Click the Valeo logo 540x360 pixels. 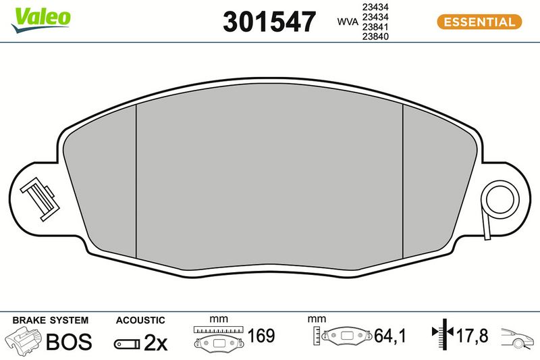click(41, 20)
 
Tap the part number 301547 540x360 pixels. click(269, 22)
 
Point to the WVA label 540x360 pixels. click(348, 22)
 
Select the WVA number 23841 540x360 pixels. click(375, 27)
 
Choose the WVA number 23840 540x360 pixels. click(375, 36)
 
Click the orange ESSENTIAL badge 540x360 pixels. click(479, 22)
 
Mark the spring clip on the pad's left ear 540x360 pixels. click(40, 199)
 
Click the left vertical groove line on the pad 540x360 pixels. click(136, 181)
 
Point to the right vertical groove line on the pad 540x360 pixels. click(402, 181)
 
